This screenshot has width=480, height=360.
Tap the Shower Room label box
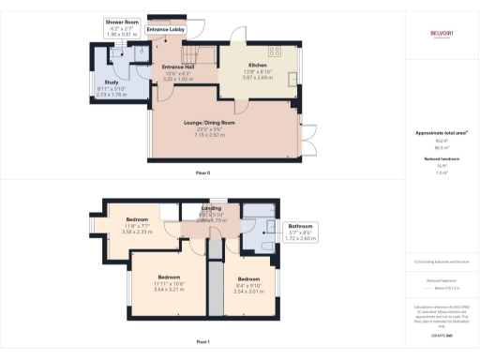(122, 26)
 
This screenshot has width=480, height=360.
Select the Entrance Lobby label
(167, 30)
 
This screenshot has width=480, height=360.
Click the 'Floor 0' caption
(202, 174)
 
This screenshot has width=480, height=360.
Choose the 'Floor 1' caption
(202, 342)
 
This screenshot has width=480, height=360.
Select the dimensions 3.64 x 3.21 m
(169, 289)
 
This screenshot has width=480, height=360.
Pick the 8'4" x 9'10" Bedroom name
(247, 278)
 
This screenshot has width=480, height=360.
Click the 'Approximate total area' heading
(441, 132)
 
